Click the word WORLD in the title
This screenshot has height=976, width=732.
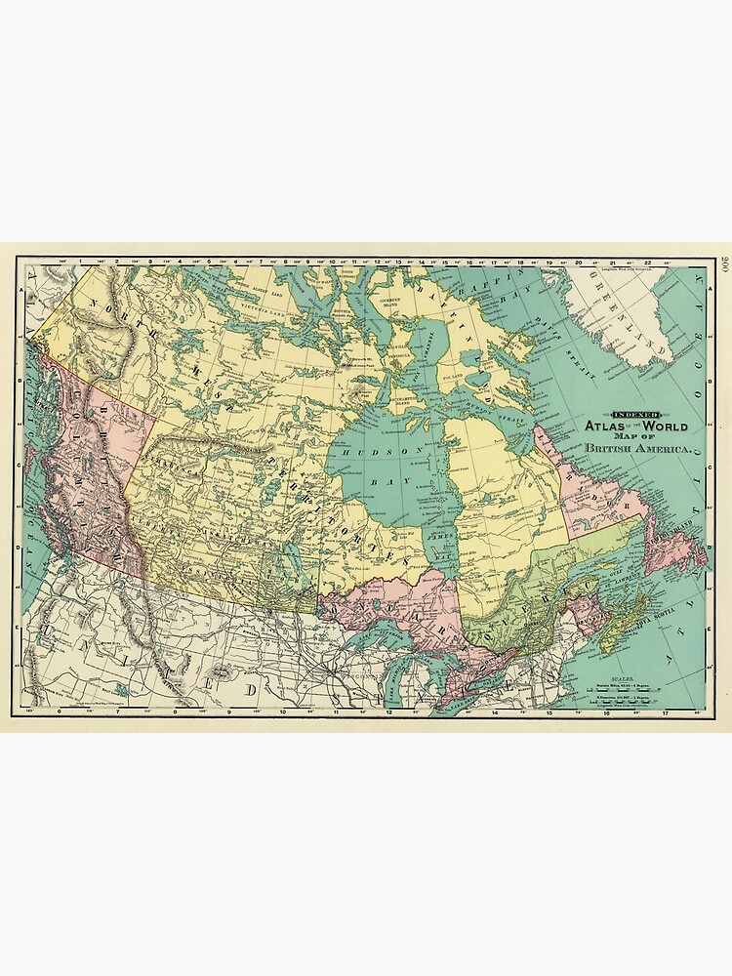coord(664,427)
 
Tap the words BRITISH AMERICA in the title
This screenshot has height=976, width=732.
coord(638,449)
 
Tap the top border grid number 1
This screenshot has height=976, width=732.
coord(80,263)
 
